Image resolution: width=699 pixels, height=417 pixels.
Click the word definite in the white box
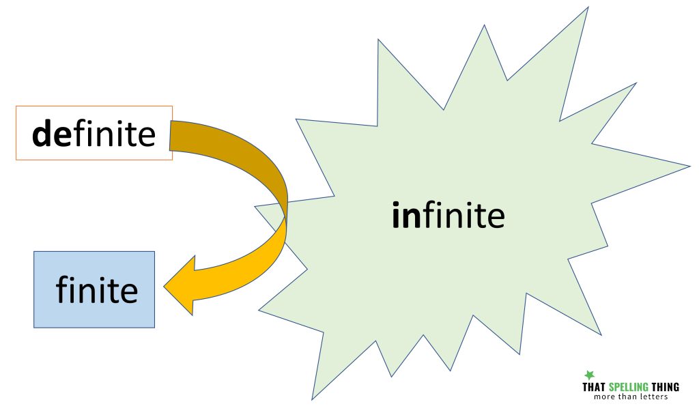(x=94, y=134)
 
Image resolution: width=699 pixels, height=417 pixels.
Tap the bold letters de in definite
(x=51, y=134)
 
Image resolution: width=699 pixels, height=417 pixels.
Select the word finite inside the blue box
(x=97, y=289)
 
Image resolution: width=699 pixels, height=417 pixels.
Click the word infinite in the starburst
(x=448, y=215)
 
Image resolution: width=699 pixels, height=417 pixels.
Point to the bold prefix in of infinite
(x=406, y=215)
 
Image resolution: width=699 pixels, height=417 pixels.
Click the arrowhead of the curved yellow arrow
(x=180, y=285)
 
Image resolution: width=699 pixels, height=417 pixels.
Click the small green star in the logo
(x=590, y=375)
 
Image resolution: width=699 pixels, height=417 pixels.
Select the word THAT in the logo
(x=594, y=387)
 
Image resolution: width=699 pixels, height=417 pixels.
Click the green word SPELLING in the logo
(x=628, y=387)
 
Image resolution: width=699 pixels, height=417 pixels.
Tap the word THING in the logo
(x=665, y=387)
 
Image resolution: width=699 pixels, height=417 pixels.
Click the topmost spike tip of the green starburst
(x=588, y=7)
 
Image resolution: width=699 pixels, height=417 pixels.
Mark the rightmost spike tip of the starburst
(x=690, y=166)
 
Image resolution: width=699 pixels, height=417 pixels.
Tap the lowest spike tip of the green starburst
(x=312, y=400)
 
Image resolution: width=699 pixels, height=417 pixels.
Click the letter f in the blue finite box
(x=62, y=289)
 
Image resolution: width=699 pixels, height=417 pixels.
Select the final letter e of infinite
(x=496, y=218)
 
